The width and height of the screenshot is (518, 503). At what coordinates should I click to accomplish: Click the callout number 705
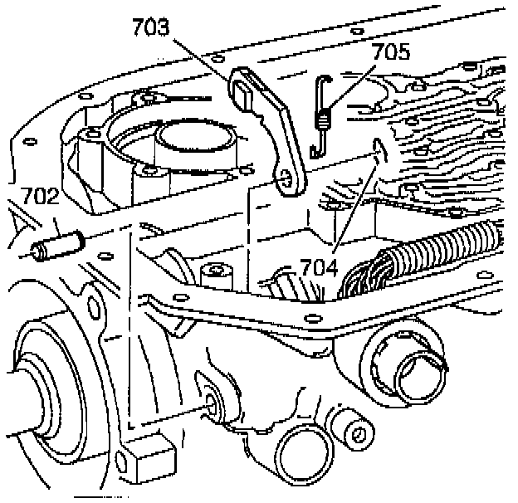pos(391,54)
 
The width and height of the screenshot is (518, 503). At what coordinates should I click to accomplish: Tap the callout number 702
pos(39,196)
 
